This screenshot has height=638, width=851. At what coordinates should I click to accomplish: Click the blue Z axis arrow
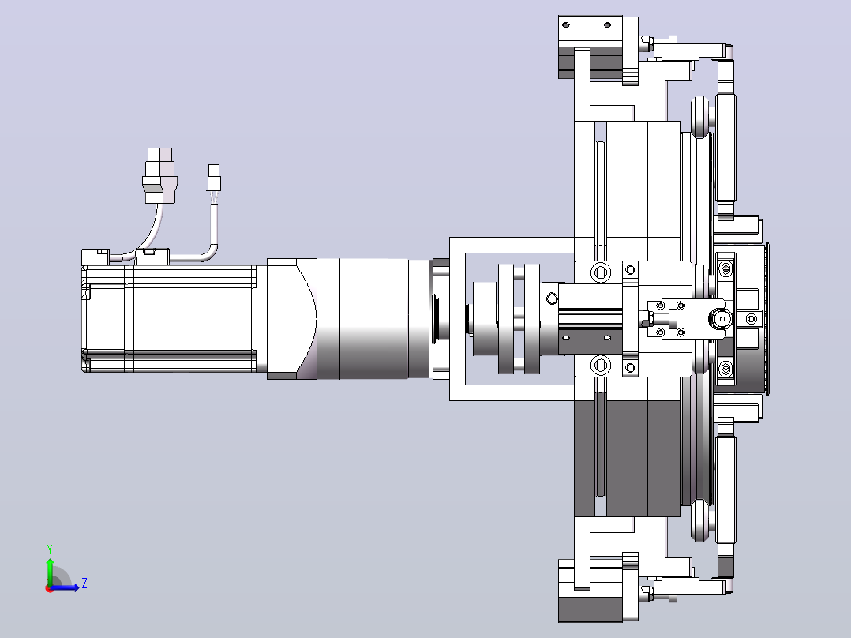(x=65, y=587)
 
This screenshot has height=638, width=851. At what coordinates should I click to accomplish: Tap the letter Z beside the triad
(x=84, y=584)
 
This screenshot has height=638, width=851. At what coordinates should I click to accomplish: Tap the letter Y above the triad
(x=50, y=549)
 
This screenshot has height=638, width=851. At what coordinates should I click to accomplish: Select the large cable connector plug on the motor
(x=160, y=175)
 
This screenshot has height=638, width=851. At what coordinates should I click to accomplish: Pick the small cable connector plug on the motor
(x=214, y=178)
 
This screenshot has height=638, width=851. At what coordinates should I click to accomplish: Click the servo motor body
(x=169, y=318)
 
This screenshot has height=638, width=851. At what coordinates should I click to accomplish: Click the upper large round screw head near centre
(x=600, y=272)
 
